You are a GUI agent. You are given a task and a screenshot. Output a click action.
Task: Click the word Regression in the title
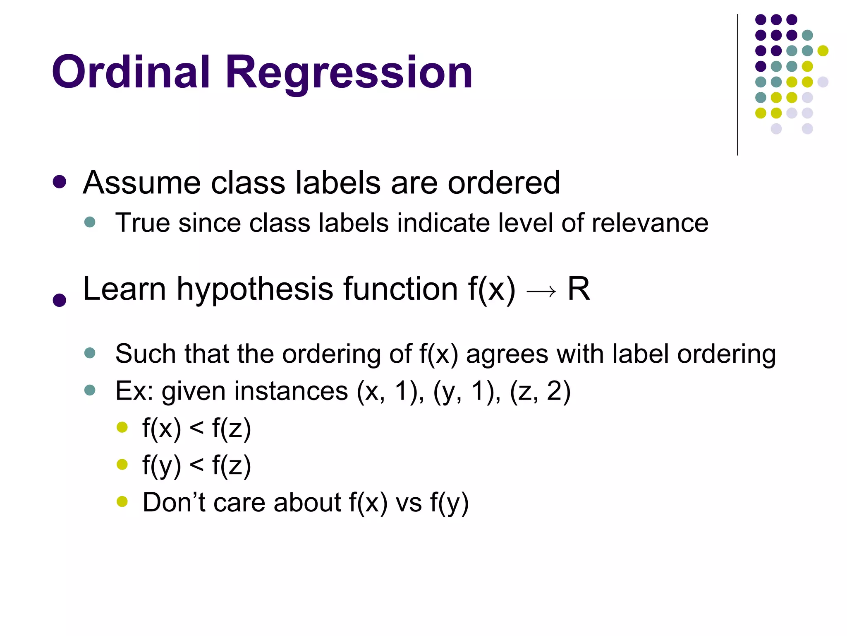coord(349,73)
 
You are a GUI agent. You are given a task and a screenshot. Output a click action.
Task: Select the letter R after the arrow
coord(579,289)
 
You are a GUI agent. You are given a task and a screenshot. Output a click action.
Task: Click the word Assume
coord(141,183)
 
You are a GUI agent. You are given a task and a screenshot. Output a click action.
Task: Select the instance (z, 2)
coord(540,391)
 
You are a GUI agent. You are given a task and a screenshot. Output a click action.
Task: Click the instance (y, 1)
coord(464,391)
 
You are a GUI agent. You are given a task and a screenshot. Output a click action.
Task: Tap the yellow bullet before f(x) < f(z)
coord(122,427)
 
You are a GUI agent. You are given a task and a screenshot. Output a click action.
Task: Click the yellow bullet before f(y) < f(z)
coord(122,465)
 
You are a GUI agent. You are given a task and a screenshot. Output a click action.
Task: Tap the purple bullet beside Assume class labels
coord(60,182)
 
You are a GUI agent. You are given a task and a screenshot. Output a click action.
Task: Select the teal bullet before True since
coord(90,222)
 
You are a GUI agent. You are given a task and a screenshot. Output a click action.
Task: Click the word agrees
coord(507,354)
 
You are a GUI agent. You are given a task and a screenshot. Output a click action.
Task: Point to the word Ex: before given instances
coord(134,391)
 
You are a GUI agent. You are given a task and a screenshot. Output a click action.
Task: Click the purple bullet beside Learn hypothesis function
coord(60,300)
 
